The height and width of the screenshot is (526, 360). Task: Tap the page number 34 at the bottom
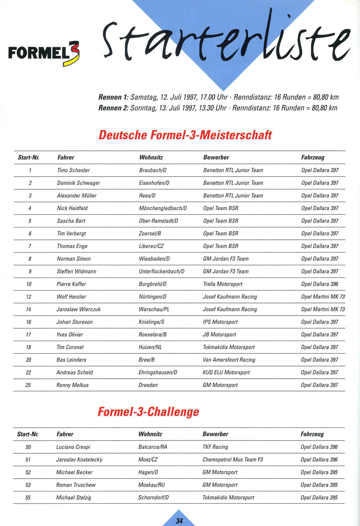tap(179, 521)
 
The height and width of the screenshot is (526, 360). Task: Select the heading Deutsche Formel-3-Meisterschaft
tap(185, 135)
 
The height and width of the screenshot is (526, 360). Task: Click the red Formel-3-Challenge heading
tap(148, 412)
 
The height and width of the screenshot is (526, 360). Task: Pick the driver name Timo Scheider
tap(73, 170)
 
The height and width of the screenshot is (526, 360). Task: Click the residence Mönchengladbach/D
tap(162, 208)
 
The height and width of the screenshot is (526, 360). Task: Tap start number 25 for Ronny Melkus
tap(28, 385)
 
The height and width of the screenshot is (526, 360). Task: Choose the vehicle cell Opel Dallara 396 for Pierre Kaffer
tap(320, 284)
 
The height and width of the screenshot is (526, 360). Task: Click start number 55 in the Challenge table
tap(28, 498)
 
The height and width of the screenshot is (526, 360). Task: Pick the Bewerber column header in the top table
tap(216, 157)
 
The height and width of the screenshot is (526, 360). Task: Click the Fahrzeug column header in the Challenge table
tap(312, 434)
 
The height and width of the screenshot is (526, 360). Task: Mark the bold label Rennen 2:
tap(113, 108)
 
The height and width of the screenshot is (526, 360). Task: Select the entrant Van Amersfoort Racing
tap(229, 360)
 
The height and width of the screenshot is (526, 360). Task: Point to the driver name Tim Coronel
tap(70, 347)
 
